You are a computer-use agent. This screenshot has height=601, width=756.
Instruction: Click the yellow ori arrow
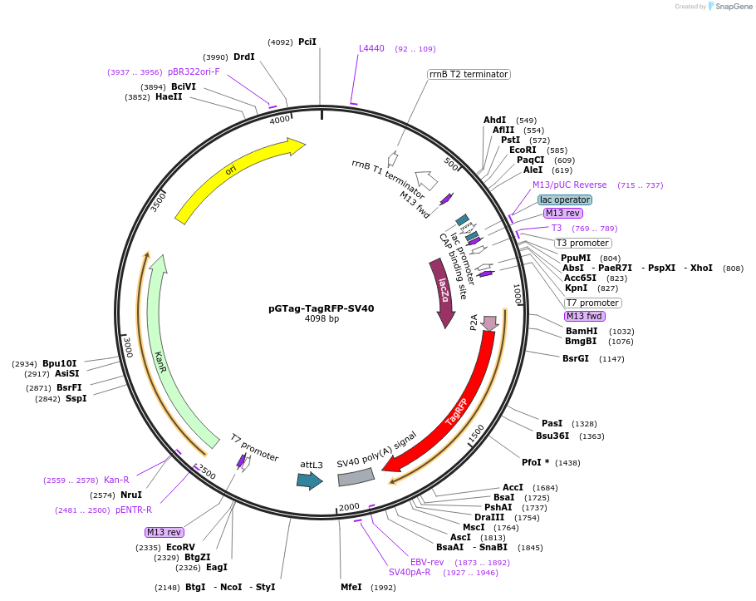(237, 179)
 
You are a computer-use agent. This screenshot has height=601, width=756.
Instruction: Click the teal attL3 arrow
(309, 480)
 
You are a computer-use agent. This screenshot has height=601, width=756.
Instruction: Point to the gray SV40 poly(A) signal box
(356, 476)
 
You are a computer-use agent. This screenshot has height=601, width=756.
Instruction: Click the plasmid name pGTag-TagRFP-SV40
(321, 308)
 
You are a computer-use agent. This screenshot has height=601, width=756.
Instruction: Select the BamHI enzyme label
(582, 331)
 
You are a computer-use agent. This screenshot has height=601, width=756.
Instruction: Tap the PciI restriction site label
(307, 42)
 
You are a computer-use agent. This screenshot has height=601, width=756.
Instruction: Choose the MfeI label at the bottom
(351, 587)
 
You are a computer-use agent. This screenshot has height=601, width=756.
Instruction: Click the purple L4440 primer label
(371, 48)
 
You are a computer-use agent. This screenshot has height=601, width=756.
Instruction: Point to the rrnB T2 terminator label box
(469, 74)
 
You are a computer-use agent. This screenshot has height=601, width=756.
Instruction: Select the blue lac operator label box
(565, 200)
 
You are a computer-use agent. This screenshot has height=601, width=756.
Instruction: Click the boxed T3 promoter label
(582, 243)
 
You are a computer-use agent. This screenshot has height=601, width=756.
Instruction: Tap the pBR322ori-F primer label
(194, 71)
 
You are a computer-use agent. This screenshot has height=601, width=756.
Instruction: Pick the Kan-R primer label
(116, 480)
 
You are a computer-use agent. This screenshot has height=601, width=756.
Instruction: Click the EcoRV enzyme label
(180, 547)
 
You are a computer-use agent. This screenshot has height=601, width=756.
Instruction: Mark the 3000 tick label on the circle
(127, 347)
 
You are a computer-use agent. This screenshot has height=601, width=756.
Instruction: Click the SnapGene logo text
(734, 6)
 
